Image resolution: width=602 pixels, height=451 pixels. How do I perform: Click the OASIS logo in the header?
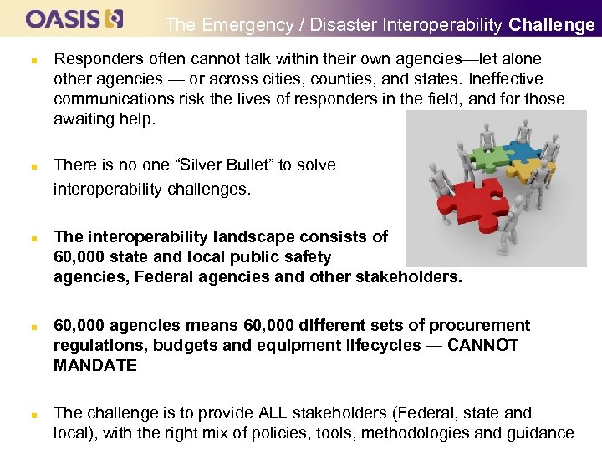[x=74, y=18]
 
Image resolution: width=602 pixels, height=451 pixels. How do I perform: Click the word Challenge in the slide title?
[x=552, y=25]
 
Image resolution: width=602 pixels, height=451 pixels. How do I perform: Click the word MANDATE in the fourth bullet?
[x=94, y=366]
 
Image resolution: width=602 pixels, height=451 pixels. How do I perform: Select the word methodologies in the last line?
[x=431, y=433]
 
